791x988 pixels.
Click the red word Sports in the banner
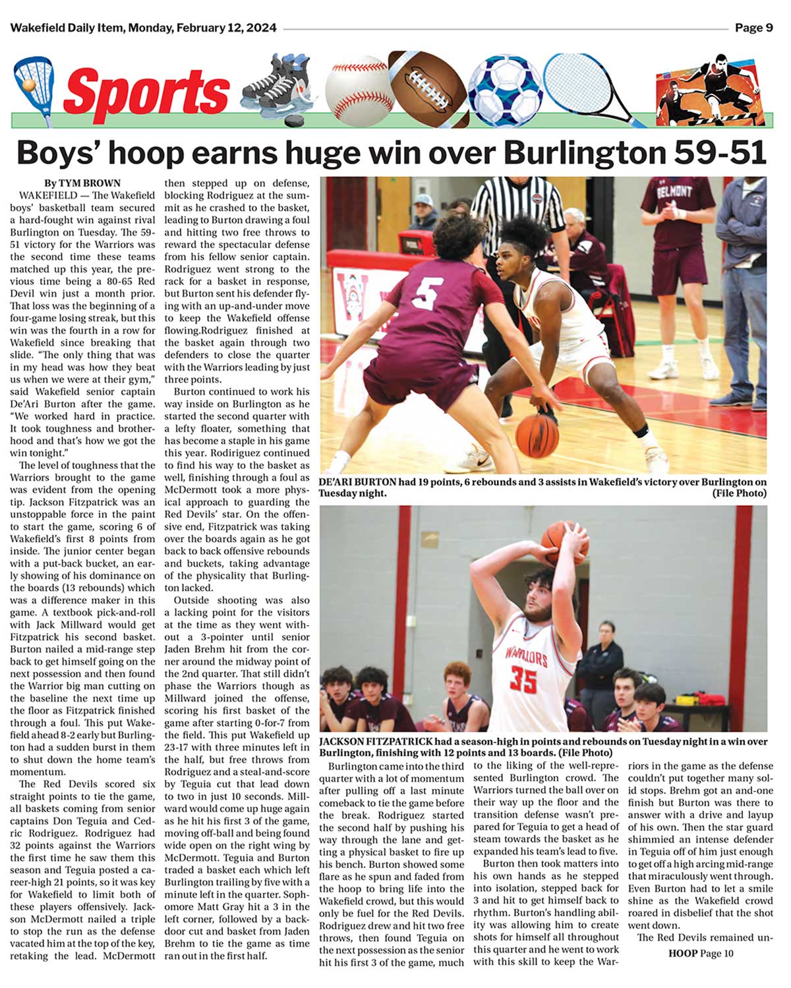[x=146, y=92]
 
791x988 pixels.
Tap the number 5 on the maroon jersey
[x=426, y=295]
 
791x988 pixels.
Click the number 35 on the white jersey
[x=524, y=680]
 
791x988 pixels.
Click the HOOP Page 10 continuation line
[x=700, y=953]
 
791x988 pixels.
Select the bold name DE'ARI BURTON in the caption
[x=359, y=482]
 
